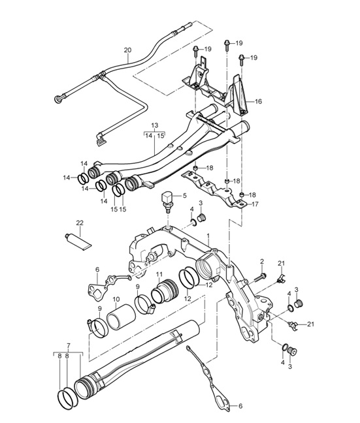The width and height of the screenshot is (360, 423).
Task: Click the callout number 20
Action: pos(128,50)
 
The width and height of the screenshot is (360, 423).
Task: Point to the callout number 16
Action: pos(258,101)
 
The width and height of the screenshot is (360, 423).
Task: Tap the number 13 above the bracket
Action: pos(155,125)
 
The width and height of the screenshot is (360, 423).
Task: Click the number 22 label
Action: pos(80,223)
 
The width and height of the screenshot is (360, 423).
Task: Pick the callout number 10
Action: pos(116,300)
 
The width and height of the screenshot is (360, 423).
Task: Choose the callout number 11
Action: pos(159,275)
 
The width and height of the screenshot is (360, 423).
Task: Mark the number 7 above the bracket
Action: pos(69,345)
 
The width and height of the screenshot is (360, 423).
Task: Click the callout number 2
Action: pos(262,261)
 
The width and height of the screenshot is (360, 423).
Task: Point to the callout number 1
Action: pos(208,236)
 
